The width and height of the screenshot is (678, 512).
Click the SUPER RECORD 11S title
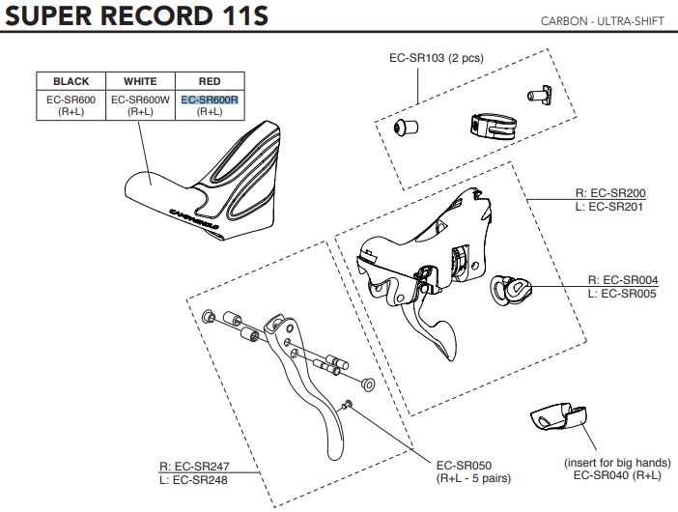pyautogui.click(x=136, y=18)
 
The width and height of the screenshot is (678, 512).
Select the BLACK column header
pyautogui.click(x=71, y=82)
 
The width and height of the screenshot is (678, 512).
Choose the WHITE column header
pyautogui.click(x=140, y=82)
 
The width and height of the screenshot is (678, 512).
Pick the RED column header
pyautogui.click(x=209, y=82)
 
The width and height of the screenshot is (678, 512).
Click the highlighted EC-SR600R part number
pyautogui.click(x=209, y=99)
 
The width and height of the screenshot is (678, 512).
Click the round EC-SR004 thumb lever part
pyautogui.click(x=511, y=288)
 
